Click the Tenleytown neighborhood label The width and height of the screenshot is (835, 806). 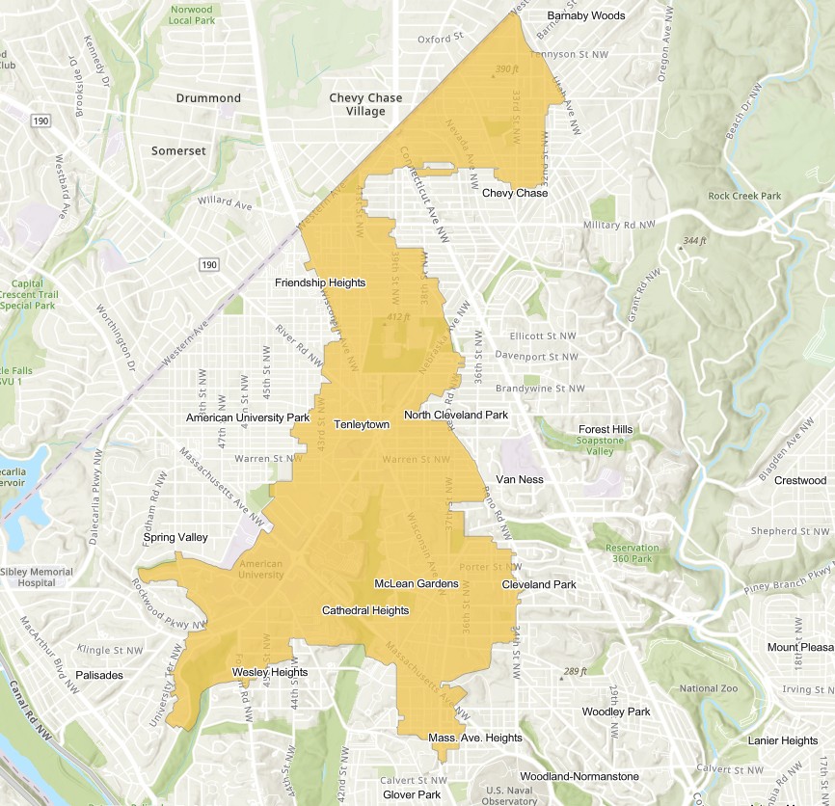(x=362, y=424)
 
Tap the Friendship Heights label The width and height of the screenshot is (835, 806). (x=320, y=282)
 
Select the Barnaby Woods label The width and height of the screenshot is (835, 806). (x=586, y=15)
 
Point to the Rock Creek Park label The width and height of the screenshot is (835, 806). (x=744, y=196)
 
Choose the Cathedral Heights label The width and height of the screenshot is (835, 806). (x=365, y=610)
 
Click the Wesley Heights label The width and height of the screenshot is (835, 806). (x=270, y=672)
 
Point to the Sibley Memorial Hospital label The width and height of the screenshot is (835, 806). (x=37, y=578)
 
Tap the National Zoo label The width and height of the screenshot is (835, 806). (x=709, y=688)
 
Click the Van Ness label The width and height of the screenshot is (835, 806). (x=519, y=479)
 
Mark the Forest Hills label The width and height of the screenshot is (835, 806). (x=606, y=429)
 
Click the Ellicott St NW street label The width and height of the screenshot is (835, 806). (x=542, y=336)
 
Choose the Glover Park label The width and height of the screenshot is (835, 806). (x=412, y=794)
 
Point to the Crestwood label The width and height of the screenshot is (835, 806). (x=800, y=480)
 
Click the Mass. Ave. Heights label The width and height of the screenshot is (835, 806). (x=475, y=738)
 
